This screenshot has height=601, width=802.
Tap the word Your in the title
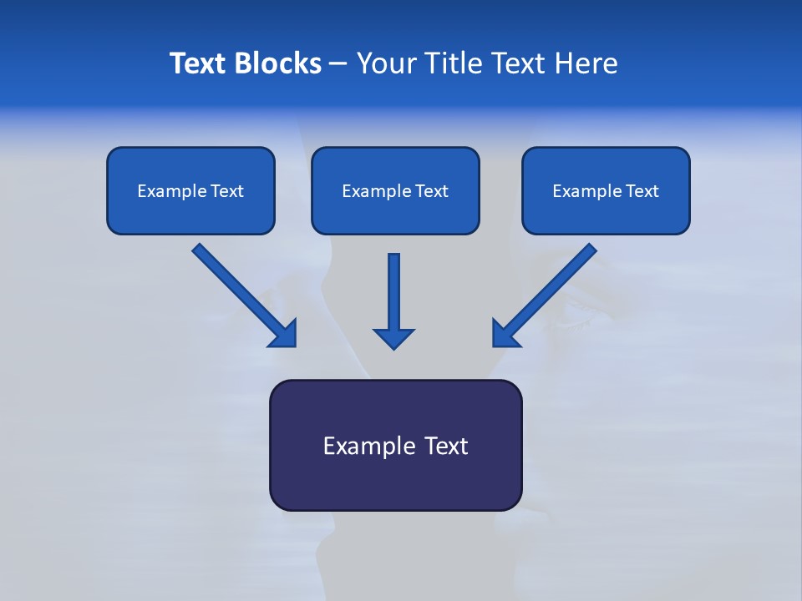point(389,63)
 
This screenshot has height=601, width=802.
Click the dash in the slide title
point(338,63)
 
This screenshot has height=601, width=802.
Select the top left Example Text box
point(190,190)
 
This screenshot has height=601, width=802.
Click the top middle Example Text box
point(395,190)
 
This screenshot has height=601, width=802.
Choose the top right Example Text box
point(606,190)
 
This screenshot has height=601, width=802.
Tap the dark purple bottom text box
point(395,445)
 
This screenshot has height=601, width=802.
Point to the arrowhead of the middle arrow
point(393,338)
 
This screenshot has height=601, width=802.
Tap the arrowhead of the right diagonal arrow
point(505,334)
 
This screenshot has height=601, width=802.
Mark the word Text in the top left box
point(226,191)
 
